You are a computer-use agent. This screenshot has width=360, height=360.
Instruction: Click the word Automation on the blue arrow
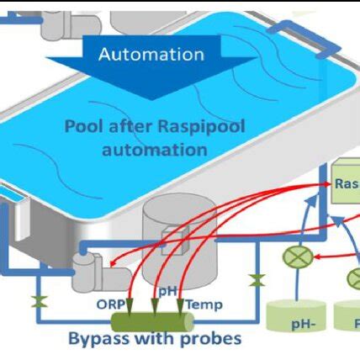pos(151,55)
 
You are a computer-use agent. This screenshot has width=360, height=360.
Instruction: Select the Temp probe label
pos(204,304)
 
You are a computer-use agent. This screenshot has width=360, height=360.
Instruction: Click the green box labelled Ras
pos(345,184)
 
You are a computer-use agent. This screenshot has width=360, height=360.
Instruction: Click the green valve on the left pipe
pos(37,300)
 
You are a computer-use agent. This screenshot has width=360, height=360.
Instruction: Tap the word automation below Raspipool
pos(154,150)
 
